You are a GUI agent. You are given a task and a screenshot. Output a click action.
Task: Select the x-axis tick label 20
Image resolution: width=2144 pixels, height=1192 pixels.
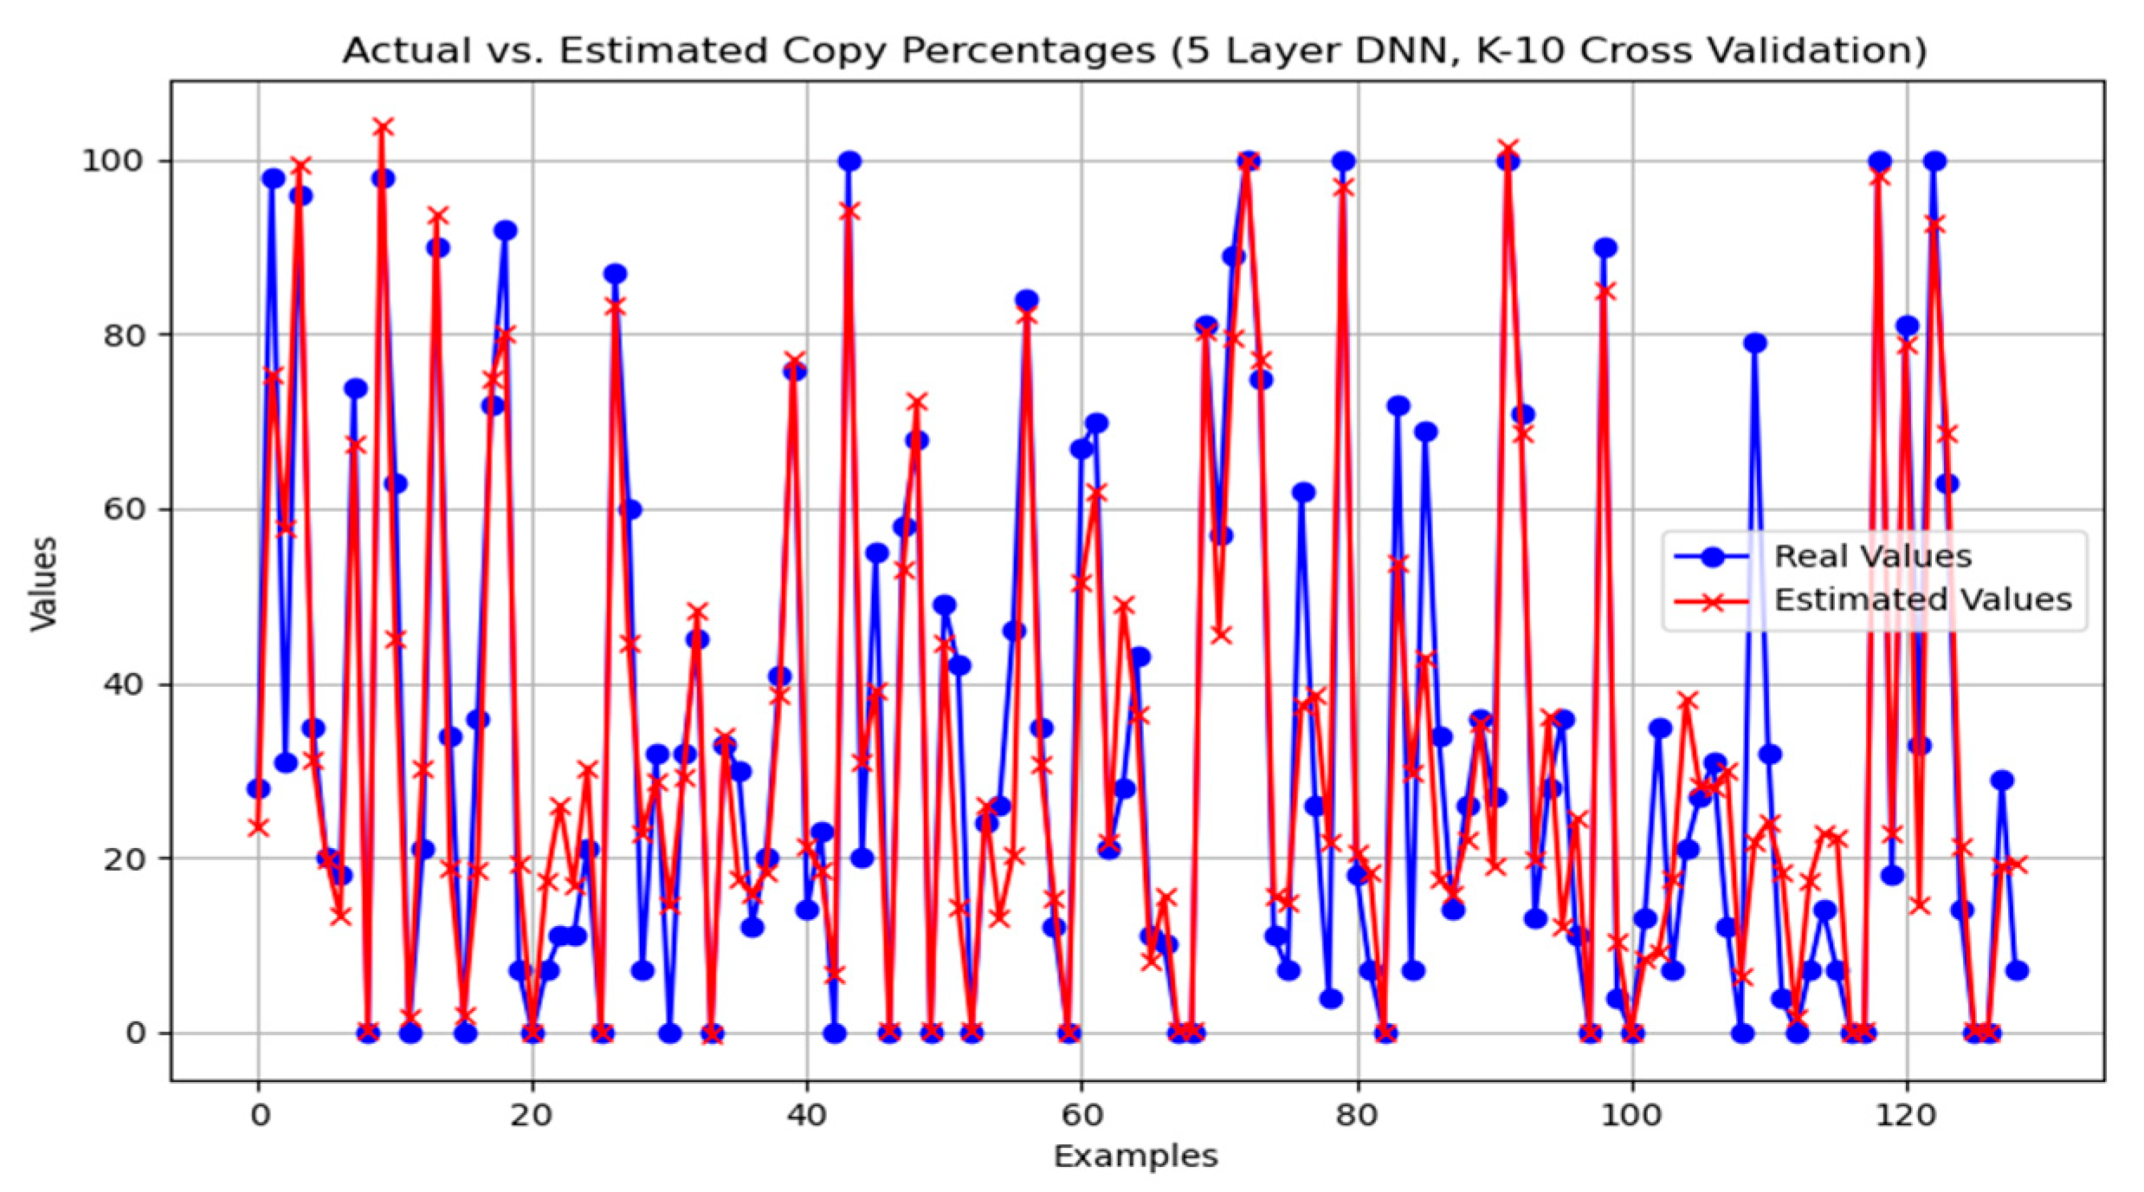[531, 1116]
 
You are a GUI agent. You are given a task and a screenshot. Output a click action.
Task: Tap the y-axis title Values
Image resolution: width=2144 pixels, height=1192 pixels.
[43, 584]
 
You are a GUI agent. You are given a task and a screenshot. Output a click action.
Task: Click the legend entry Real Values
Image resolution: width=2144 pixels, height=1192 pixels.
[1872, 557]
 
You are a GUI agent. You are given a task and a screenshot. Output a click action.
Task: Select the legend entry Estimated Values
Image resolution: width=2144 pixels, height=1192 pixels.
[1922, 600]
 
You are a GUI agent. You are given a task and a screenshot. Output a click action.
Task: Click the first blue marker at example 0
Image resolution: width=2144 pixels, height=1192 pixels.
[258, 788]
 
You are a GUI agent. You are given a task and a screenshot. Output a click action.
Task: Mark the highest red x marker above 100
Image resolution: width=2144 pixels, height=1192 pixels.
[383, 128]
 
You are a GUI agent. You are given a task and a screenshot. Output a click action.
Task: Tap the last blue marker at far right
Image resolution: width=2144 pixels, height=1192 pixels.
[2017, 970]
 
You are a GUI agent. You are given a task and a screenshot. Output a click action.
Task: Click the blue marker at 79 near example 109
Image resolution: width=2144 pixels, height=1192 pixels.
[1754, 343]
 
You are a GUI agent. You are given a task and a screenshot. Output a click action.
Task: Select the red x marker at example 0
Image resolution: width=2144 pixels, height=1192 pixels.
[258, 828]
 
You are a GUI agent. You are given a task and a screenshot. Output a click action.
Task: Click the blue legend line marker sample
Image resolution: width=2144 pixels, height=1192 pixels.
[1712, 557]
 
